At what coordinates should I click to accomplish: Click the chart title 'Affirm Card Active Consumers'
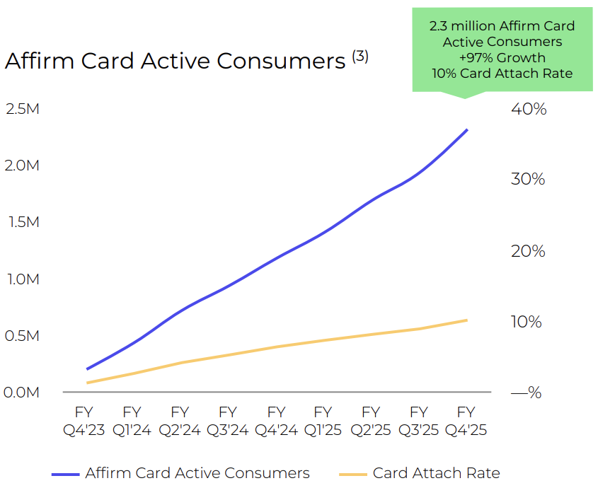[175, 61]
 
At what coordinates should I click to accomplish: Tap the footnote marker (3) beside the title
[360, 57]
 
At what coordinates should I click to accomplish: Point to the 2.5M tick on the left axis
[23, 109]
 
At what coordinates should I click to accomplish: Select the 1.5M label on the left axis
[23, 222]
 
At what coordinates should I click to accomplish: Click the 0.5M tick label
[22, 336]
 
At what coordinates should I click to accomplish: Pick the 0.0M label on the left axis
[21, 393]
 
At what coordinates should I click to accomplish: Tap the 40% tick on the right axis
[529, 109]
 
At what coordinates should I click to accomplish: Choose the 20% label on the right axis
[528, 251]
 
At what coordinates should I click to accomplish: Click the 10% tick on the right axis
[527, 322]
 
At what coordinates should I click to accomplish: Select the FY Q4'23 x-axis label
[84, 421]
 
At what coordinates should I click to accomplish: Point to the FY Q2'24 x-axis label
[180, 421]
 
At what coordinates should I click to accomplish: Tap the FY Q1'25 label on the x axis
[323, 421]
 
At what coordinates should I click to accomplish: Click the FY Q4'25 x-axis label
[466, 421]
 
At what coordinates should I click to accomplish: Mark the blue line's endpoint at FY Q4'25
[467, 130]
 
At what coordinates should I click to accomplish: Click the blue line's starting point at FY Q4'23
[87, 369]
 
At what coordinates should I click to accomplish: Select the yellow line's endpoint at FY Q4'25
[467, 320]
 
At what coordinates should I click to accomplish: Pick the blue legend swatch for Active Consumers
[66, 475]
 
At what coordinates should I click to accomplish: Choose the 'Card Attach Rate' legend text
[437, 473]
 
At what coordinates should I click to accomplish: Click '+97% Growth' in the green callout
[502, 57]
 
